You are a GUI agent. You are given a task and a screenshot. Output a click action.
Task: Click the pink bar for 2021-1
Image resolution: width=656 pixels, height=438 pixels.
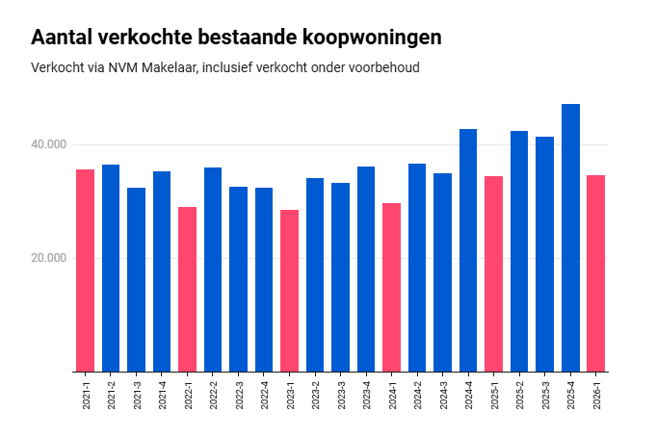85,271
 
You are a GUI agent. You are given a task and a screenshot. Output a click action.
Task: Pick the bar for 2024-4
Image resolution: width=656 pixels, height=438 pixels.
468,250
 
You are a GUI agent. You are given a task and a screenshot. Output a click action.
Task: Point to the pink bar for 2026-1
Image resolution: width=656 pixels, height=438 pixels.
595,273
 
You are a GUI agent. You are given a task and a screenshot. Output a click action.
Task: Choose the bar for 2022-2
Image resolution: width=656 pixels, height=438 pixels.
213,270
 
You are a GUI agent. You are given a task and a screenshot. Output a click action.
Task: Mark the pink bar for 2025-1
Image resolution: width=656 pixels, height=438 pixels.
493,274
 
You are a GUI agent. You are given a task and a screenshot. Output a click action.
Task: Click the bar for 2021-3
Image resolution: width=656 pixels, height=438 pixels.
136,279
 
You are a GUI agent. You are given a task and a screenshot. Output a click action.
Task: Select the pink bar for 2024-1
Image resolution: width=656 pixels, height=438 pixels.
391,287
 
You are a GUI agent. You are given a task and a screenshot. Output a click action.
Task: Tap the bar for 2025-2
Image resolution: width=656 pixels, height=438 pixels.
519,251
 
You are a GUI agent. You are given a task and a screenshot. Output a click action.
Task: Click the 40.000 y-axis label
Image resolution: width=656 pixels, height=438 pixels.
48,144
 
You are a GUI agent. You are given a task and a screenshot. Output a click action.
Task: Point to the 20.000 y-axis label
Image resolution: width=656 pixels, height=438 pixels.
48,258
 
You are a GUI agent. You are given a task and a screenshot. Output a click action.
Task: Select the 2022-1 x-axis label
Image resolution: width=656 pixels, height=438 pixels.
188,396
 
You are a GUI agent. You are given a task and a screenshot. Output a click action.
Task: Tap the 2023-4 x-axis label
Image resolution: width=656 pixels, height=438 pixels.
366,396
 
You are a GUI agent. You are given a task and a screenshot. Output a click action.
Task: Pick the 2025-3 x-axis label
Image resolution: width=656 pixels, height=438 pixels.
545,396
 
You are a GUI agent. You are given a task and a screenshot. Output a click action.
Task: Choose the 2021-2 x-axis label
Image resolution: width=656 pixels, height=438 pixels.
111,396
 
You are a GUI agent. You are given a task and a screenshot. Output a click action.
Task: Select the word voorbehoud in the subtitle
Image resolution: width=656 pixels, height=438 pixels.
383,68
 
